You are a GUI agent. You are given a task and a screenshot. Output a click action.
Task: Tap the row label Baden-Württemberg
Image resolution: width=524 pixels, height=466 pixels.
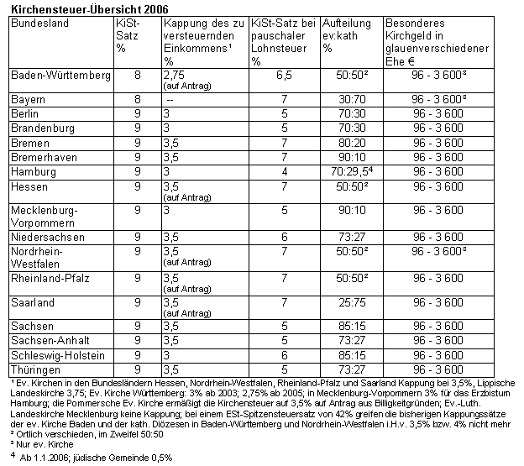pos(60,75)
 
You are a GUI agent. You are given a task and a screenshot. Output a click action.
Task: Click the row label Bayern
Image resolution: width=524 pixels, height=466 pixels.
pos(29,100)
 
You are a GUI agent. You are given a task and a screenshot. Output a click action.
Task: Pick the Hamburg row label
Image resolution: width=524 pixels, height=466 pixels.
pos(33,170)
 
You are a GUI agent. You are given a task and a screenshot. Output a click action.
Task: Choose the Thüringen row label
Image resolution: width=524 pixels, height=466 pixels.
pos(35,369)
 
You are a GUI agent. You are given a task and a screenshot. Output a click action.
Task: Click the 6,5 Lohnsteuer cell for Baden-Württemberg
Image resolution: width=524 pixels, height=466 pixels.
pos(285,75)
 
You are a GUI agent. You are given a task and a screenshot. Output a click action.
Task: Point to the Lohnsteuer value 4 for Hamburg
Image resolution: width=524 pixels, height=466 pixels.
pos(285,170)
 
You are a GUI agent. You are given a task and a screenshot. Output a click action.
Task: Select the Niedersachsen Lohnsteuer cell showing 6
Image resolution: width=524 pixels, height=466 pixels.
pos(285,237)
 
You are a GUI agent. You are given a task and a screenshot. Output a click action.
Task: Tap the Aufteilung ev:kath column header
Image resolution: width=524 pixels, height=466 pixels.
pos(350,29)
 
